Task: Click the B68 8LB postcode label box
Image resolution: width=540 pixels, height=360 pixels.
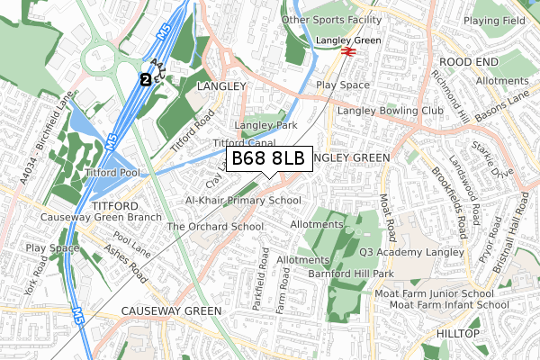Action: [x=268, y=159]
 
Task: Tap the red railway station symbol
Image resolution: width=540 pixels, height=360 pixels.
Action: [x=346, y=53]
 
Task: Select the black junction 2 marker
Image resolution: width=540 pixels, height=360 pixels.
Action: [x=145, y=79]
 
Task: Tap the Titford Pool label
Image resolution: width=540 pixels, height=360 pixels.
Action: [x=112, y=171]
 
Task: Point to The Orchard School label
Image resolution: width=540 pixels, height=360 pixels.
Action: [x=215, y=227]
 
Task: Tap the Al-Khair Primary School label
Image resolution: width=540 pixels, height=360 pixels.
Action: [x=243, y=201]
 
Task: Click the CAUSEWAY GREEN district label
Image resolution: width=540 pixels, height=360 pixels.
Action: [x=171, y=311]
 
